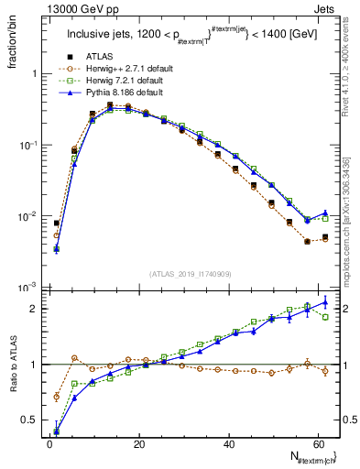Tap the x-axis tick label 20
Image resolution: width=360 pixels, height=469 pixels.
click(138, 443)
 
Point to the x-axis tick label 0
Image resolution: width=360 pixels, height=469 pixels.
click(49, 443)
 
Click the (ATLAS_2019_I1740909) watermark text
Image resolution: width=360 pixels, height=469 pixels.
click(191, 274)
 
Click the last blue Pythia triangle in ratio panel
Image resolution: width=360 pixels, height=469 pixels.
click(325, 302)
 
